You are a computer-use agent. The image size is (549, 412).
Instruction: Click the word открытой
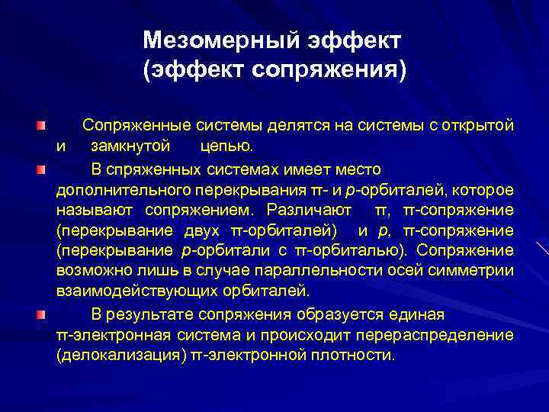(478, 125)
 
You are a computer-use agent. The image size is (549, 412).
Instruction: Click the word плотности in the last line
(357, 356)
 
